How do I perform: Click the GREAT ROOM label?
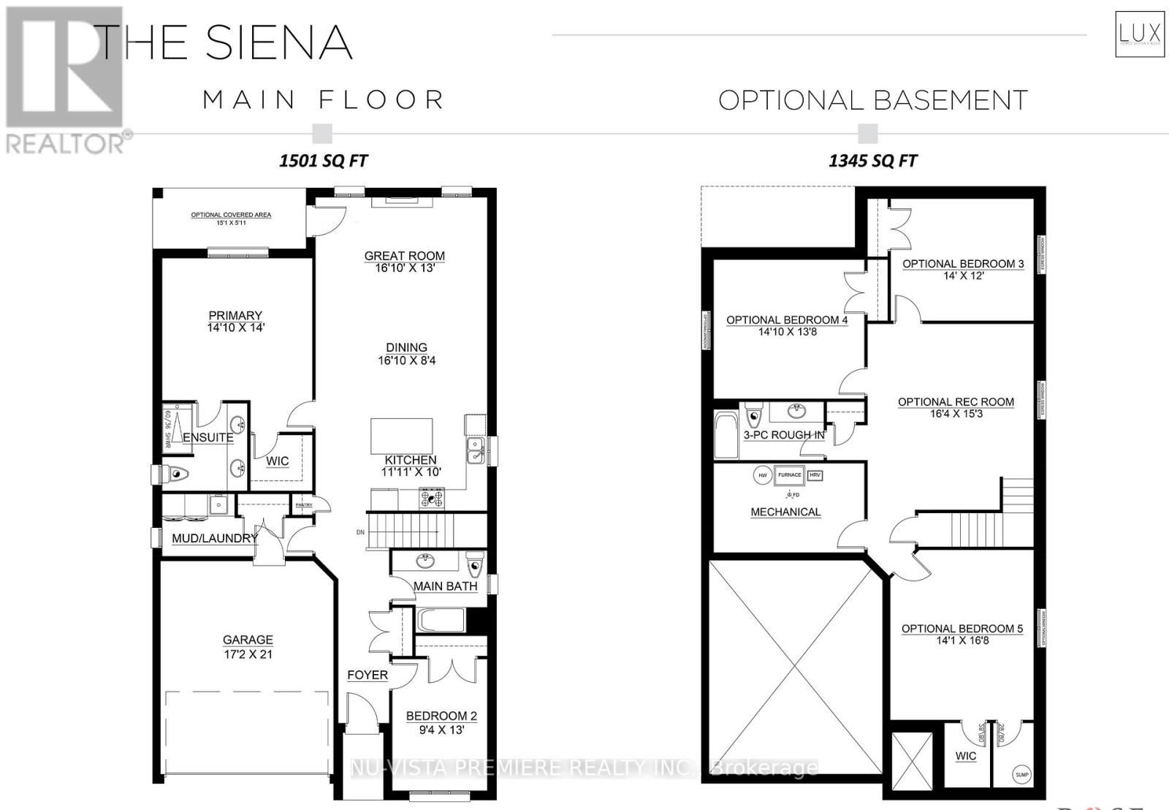click(x=404, y=257)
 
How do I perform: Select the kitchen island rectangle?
click(x=401, y=436)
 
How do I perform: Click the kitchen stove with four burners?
click(x=431, y=499)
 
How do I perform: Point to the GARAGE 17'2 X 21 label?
click(x=248, y=647)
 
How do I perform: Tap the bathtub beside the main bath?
click(x=441, y=621)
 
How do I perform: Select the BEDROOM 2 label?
click(x=441, y=716)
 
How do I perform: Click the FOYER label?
click(x=368, y=675)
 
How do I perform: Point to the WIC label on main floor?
click(x=277, y=461)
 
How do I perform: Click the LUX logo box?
click(x=1139, y=33)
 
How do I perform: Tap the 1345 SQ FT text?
click(x=872, y=161)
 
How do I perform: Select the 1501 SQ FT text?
click(x=323, y=161)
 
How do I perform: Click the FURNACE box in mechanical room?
click(x=789, y=475)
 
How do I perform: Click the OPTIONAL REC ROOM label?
click(x=956, y=402)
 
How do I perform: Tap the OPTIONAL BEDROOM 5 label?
click(x=962, y=629)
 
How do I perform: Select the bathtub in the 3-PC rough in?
click(x=727, y=436)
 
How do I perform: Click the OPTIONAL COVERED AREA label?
click(x=231, y=215)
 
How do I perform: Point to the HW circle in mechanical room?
click(x=763, y=475)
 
